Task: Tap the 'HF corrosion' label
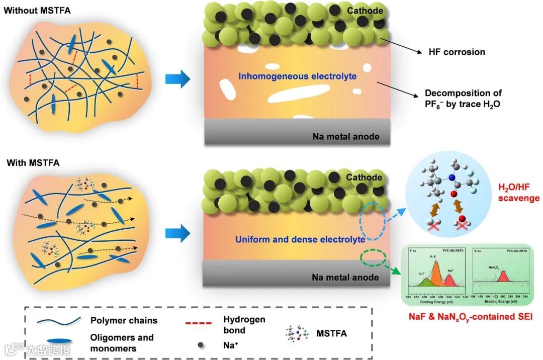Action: (457, 52)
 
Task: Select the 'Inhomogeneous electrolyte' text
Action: (298, 76)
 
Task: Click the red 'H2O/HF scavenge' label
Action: (518, 193)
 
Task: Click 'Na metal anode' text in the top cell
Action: (345, 136)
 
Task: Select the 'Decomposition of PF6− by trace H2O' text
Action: (463, 99)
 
